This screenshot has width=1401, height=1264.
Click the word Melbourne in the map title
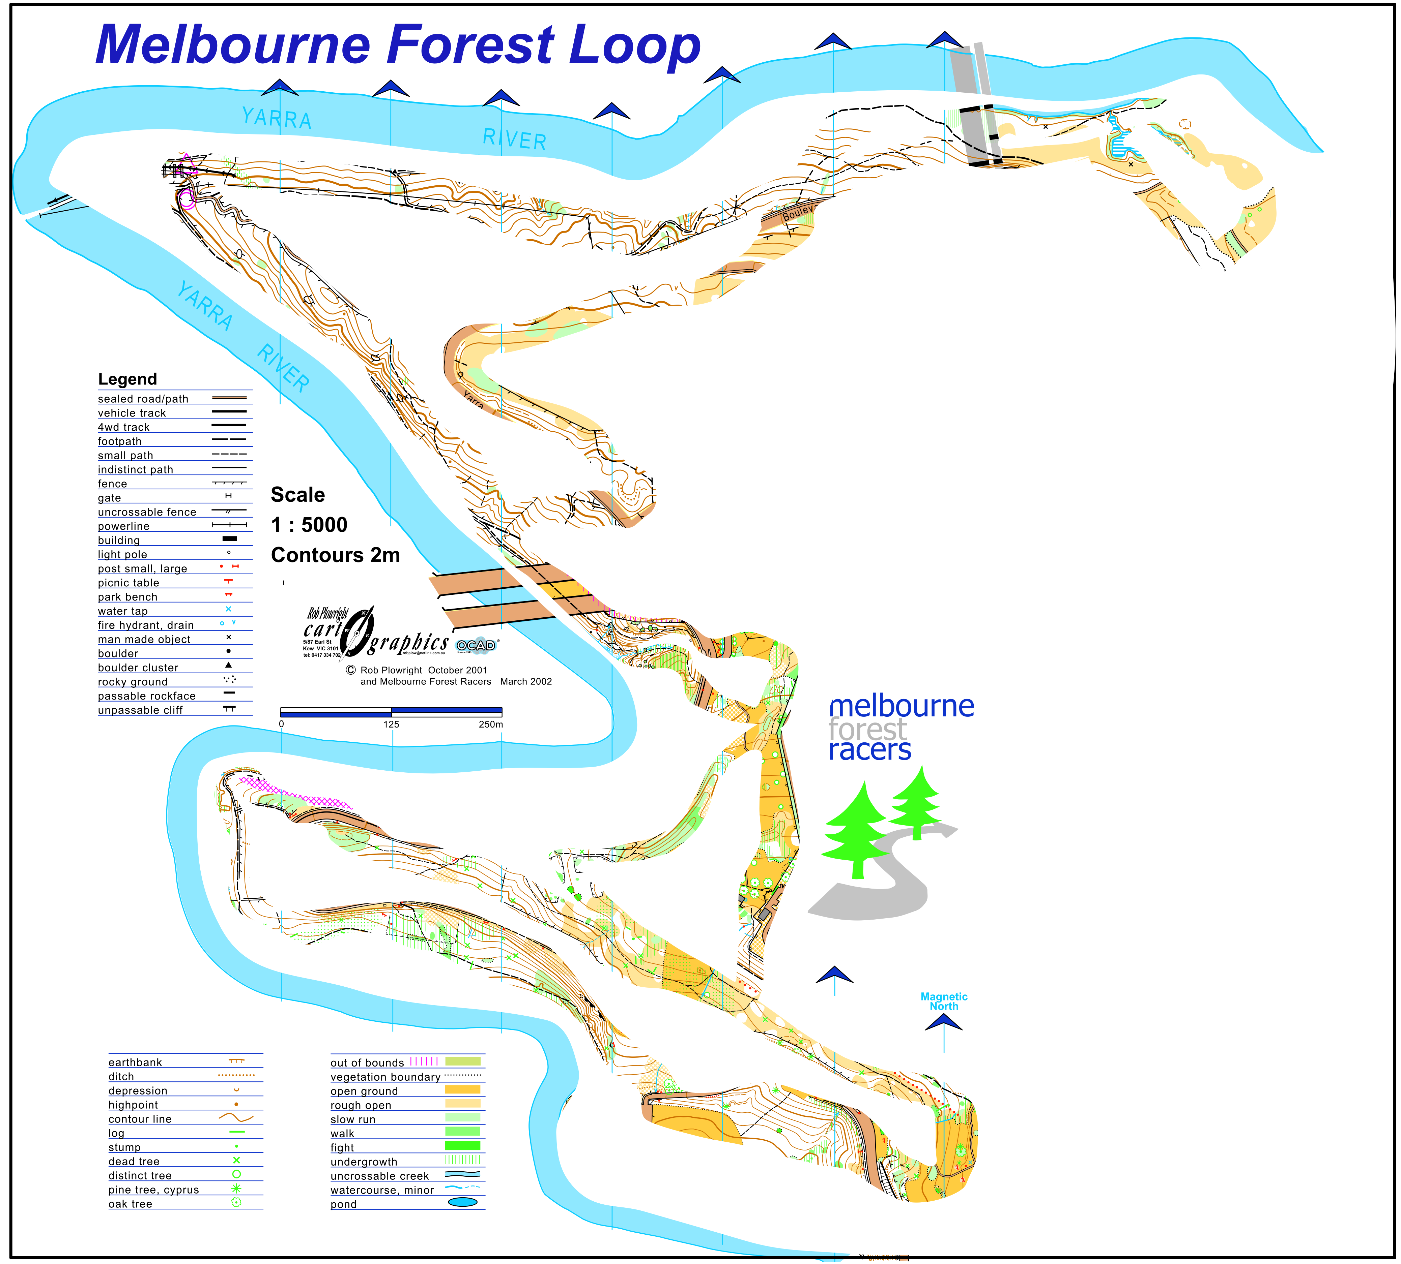point(233,45)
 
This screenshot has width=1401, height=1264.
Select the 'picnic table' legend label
point(128,583)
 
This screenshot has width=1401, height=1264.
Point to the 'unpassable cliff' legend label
point(140,710)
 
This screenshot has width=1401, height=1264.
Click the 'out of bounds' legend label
point(367,1062)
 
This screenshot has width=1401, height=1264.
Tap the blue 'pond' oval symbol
point(462,1202)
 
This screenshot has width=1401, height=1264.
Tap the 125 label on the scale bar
point(391,725)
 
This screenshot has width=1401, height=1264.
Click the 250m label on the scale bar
point(491,725)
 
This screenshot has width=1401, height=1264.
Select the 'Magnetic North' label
point(944,1001)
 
